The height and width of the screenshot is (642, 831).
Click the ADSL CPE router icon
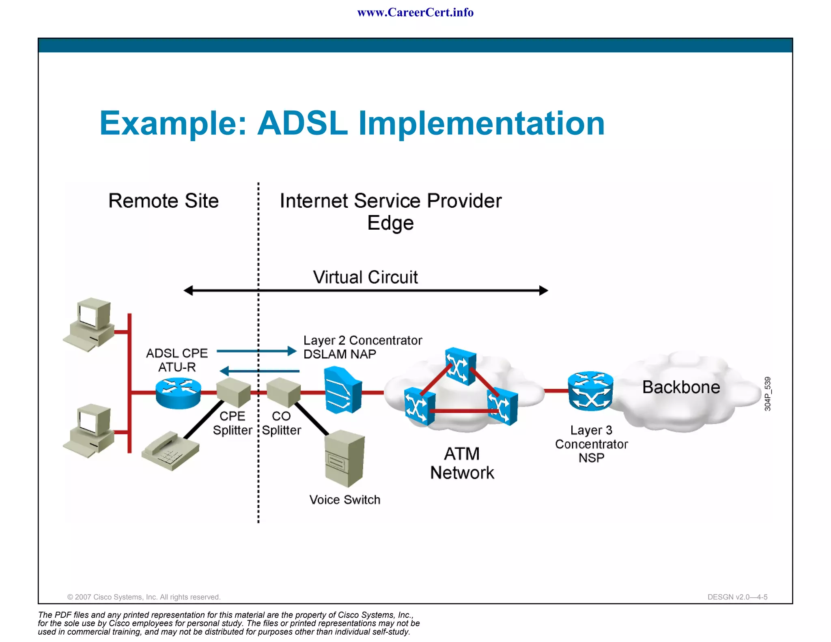click(x=178, y=392)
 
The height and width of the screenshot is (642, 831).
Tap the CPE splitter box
click(x=233, y=392)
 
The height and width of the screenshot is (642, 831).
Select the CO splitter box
click(x=283, y=392)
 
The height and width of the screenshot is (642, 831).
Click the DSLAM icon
click(x=343, y=390)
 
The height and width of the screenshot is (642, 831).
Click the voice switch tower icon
click(x=345, y=459)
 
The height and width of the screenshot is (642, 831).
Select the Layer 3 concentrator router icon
click(x=590, y=391)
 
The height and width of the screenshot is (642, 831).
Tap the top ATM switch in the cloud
click(x=460, y=366)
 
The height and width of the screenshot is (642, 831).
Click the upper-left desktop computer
click(x=90, y=324)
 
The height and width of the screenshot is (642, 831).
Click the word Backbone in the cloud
click(x=681, y=387)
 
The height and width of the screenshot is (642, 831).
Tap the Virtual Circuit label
click(x=365, y=277)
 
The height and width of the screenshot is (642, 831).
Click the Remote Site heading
click(x=164, y=201)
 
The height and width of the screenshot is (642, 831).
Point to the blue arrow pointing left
click(x=259, y=371)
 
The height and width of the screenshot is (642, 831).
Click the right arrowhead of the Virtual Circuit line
click(x=544, y=291)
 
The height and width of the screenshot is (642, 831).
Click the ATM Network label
click(x=462, y=463)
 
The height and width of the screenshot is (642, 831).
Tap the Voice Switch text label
click(x=345, y=500)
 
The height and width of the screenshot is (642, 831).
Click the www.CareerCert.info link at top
click(x=415, y=13)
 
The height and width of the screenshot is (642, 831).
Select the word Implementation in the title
click(x=481, y=123)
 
